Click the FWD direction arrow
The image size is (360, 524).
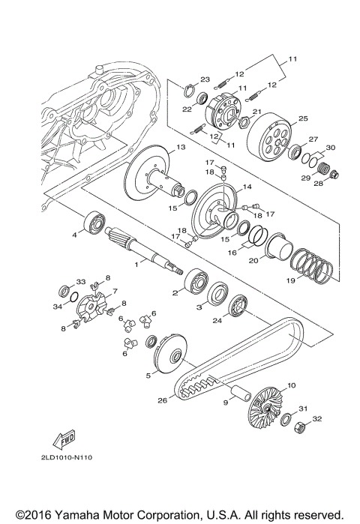click(64, 439)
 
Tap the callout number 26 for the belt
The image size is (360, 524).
click(163, 400)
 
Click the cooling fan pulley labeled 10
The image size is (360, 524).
click(266, 407)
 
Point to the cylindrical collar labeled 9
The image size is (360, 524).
click(240, 392)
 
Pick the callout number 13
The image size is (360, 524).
click(181, 147)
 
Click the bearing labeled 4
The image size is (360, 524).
click(94, 222)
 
